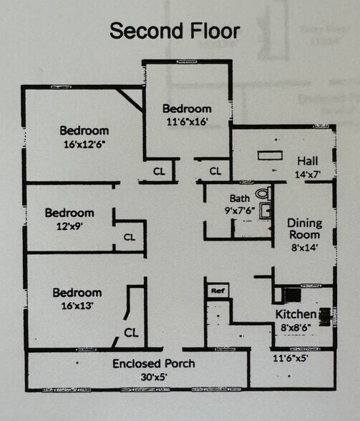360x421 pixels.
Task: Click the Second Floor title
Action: [x=175, y=31]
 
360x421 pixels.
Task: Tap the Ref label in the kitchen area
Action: [x=218, y=291]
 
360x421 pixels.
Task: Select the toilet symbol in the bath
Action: [x=263, y=193]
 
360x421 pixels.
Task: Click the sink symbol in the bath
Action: [x=266, y=210]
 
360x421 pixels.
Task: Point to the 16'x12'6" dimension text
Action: [x=84, y=145]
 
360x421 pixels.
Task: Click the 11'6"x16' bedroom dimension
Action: [x=187, y=122]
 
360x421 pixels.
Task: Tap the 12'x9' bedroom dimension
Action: [x=69, y=226]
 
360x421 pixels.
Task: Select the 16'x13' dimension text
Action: [x=77, y=306]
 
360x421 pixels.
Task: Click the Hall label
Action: [x=308, y=161]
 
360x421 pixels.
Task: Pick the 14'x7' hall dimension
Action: [x=308, y=175]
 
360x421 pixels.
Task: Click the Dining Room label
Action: [x=304, y=229]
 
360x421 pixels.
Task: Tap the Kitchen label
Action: [x=296, y=314]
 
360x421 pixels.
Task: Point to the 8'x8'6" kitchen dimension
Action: [x=296, y=328]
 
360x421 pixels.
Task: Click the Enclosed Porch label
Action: [x=154, y=364]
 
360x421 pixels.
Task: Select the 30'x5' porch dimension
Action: [x=154, y=377]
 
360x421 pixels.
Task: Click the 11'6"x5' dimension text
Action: [x=290, y=358]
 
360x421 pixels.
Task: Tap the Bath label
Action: [x=240, y=198]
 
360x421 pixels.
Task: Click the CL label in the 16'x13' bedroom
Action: [x=131, y=333]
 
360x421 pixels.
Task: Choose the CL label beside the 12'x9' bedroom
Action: [x=130, y=237]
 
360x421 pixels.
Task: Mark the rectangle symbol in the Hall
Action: [x=270, y=155]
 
